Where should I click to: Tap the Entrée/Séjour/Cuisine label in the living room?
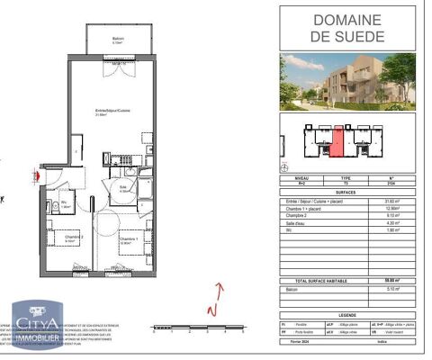pos(109,112)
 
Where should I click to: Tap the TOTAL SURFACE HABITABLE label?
pos(317,283)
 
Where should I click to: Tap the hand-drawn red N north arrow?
pos(215,299)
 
